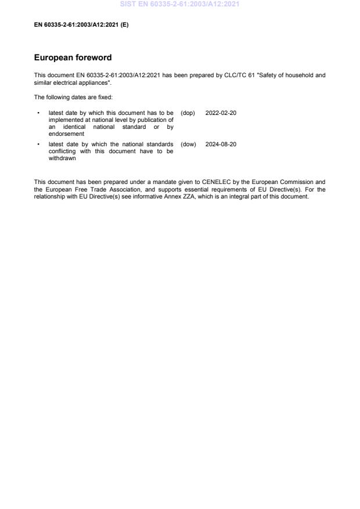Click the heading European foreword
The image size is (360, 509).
click(73, 58)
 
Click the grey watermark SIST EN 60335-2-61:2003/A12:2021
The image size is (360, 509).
click(179, 4)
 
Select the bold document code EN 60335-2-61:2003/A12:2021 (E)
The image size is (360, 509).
click(81, 24)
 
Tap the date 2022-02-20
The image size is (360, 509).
click(221, 113)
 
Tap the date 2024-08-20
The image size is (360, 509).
click(221, 144)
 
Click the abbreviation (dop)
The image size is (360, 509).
click(188, 113)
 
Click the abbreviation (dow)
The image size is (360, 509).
click(188, 144)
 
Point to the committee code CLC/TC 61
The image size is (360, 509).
click(237, 75)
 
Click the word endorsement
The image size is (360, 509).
click(66, 133)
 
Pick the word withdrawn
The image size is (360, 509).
click(62, 158)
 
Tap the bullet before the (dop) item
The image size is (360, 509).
click(38, 113)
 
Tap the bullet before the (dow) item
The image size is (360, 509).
click(38, 144)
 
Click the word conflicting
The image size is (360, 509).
click(62, 151)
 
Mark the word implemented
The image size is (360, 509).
click(66, 120)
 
